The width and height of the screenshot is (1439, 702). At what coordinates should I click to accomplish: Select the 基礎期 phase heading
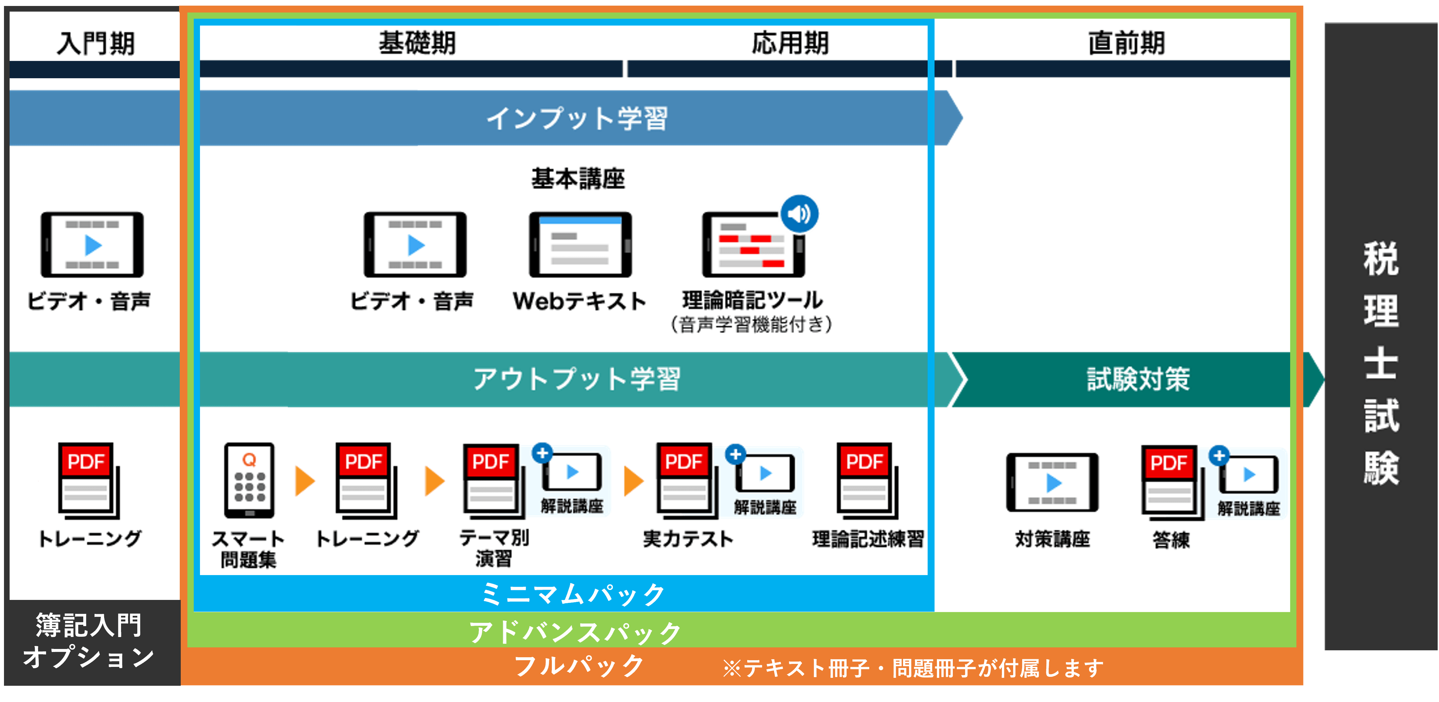tap(417, 43)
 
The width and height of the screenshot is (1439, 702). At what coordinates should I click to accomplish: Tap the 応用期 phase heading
tap(790, 43)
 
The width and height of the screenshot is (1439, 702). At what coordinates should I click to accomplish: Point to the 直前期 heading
tap(1126, 43)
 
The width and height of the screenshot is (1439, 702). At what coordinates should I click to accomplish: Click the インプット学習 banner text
tap(577, 118)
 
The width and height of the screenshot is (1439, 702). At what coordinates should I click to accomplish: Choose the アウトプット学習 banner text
tap(577, 379)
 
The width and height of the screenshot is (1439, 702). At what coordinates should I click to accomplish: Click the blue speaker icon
tap(799, 214)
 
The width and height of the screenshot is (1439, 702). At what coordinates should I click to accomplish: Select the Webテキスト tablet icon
tap(580, 245)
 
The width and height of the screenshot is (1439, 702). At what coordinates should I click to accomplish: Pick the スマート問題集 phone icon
tap(249, 480)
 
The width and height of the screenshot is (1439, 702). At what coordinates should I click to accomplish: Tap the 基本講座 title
tap(578, 179)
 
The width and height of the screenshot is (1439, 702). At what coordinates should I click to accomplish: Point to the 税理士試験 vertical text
tap(1381, 363)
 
